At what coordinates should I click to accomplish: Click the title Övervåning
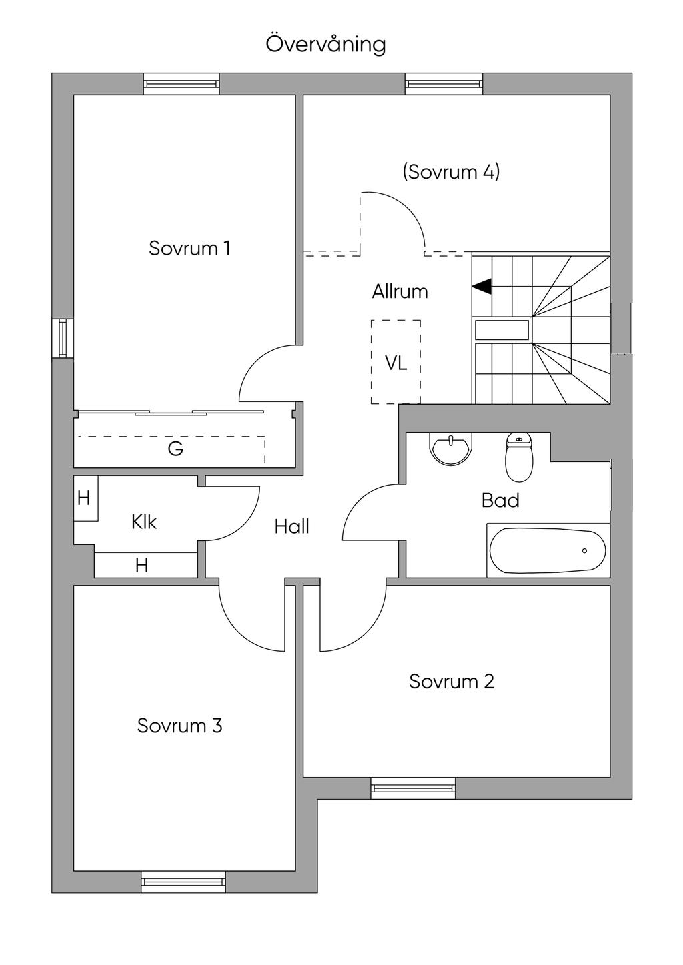[325, 44]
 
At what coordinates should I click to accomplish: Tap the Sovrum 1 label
[189, 248]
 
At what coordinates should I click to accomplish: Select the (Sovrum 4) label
[451, 172]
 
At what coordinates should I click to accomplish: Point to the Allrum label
[400, 292]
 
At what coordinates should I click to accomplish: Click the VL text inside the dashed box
[396, 363]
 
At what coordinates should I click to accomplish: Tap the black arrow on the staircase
[482, 286]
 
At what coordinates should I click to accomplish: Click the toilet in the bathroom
[519, 457]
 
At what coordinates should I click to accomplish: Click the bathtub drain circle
[584, 551]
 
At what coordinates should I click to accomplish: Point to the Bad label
[500, 500]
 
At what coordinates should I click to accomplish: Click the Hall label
[292, 526]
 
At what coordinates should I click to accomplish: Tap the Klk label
[144, 522]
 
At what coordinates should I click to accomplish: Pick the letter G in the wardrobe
[175, 449]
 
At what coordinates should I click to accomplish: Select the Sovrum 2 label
[452, 682]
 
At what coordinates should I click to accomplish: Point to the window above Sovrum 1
[181, 83]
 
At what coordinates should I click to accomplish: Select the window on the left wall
[63, 338]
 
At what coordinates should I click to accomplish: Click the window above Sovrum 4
[444, 83]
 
